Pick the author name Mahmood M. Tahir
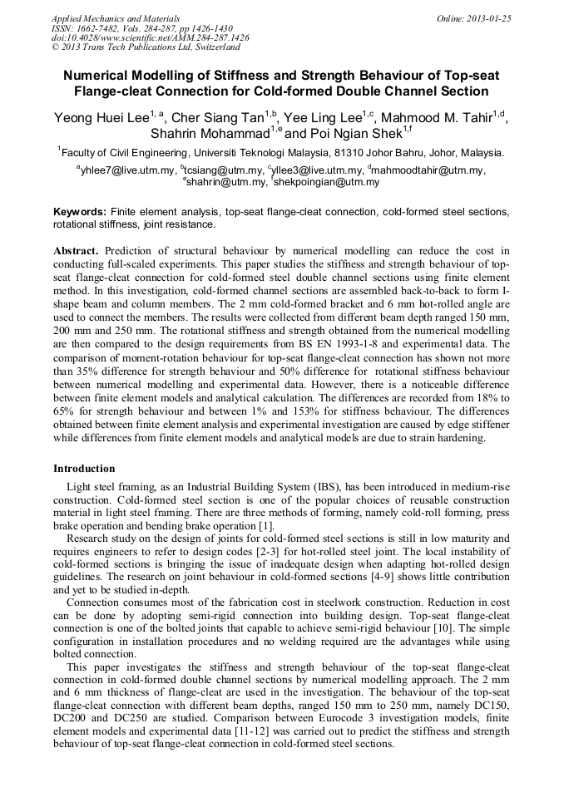[x=436, y=118]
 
